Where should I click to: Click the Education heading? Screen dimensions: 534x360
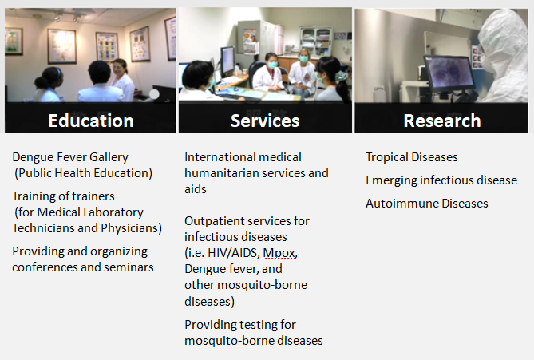tap(91, 121)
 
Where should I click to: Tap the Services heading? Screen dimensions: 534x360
tap(265, 121)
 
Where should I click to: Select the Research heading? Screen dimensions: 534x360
tap(442, 121)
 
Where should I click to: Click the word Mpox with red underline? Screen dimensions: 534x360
tap(279, 253)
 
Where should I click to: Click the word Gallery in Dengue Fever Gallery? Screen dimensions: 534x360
tap(109, 157)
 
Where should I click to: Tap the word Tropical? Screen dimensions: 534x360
tap(387, 157)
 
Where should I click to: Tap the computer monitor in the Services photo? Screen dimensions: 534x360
tap(227, 61)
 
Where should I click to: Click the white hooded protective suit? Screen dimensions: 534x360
tap(503, 56)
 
